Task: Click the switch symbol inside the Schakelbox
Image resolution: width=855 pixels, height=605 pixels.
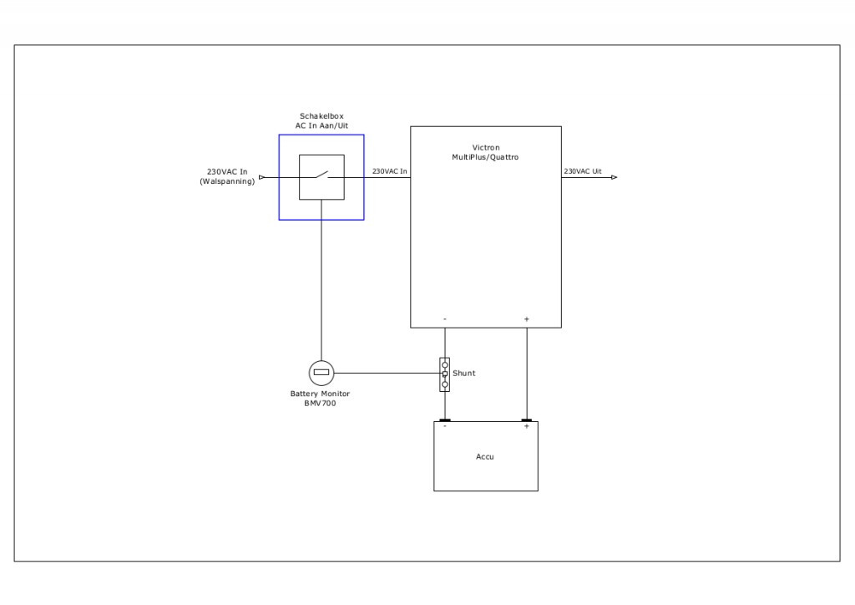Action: [x=321, y=177]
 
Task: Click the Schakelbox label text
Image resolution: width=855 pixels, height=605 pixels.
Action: [x=321, y=116]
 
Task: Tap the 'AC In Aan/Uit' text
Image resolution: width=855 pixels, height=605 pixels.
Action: [x=321, y=125]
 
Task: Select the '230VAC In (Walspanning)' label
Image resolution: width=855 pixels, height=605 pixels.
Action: [x=227, y=176]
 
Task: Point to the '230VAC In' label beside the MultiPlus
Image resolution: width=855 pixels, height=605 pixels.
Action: [x=389, y=171]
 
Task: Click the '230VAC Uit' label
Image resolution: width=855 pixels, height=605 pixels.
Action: [x=583, y=171]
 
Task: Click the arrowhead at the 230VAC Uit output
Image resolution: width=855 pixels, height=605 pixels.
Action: [x=614, y=177]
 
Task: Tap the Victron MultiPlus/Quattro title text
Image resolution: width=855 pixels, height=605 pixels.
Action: [x=485, y=152]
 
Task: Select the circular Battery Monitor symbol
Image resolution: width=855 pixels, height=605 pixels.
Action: [x=321, y=373]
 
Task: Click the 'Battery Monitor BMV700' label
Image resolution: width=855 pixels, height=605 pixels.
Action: [x=321, y=398]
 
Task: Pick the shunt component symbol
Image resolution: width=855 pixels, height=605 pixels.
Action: [x=445, y=374]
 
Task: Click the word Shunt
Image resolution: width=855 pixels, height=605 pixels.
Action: [x=463, y=374]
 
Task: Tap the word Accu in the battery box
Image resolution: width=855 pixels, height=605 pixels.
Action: [x=485, y=456]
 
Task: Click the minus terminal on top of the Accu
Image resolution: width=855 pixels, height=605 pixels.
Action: [x=445, y=420]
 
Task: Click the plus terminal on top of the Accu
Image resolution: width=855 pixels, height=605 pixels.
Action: [x=526, y=420]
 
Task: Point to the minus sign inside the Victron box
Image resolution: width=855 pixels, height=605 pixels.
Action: [x=445, y=319]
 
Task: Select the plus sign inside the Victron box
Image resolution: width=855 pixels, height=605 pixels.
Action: [x=526, y=319]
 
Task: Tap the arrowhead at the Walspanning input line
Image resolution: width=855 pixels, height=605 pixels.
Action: [x=262, y=177]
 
